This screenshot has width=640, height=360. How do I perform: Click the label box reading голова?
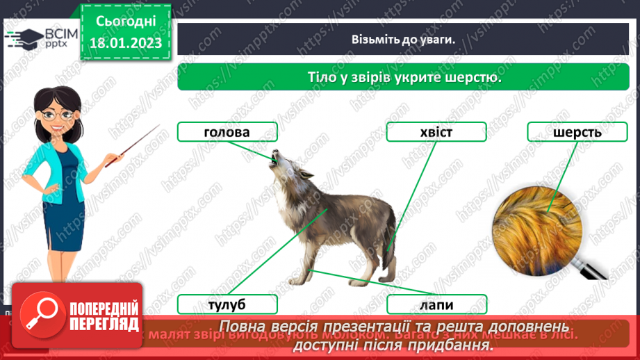227,132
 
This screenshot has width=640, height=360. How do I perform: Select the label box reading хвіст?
436,132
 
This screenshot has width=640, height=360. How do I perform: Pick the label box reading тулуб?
227,304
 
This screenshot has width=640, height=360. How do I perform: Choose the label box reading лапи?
436,304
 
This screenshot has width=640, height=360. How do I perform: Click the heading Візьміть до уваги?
403,39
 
